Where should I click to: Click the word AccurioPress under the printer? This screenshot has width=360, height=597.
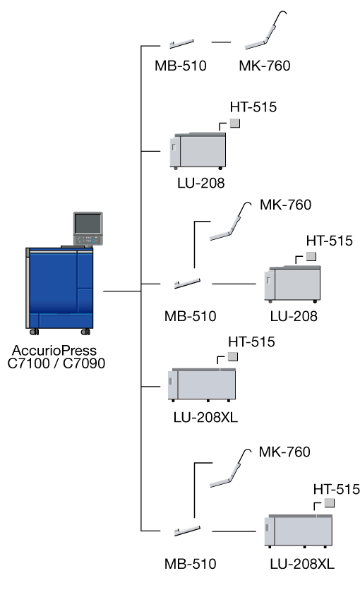point(54,351)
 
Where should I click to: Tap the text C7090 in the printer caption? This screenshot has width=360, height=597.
point(84,363)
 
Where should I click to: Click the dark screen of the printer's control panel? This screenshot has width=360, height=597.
point(88,223)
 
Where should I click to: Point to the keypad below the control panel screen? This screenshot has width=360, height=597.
point(88,240)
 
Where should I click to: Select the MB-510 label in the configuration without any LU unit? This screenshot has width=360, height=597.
point(181,66)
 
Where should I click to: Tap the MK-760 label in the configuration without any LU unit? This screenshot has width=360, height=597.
point(265,66)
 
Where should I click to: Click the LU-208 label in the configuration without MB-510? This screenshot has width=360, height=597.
point(200,183)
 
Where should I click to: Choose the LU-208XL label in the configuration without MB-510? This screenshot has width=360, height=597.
point(205,417)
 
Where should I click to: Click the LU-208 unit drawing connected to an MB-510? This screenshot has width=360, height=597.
point(292,284)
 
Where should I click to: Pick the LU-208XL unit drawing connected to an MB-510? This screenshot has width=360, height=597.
point(299,531)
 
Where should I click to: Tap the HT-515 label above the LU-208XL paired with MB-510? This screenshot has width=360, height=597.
point(337,489)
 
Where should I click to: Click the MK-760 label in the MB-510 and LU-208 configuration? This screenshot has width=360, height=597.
point(285,205)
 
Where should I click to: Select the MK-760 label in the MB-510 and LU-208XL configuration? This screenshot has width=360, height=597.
point(284,452)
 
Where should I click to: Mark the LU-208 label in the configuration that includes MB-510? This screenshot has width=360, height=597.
point(294,316)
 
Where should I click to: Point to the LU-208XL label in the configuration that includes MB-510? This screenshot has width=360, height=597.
point(302,564)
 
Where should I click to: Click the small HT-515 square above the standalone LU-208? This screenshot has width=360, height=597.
point(235,123)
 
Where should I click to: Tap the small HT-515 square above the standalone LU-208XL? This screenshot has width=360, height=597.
point(233,357)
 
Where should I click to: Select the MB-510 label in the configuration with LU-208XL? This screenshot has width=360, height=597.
point(190,564)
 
